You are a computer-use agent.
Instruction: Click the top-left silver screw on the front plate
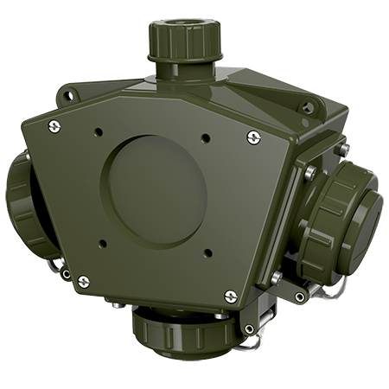[56, 128]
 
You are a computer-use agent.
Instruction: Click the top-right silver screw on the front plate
[253, 136]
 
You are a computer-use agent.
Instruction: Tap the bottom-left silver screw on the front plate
[84, 278]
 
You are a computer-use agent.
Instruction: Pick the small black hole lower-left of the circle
[103, 241]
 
